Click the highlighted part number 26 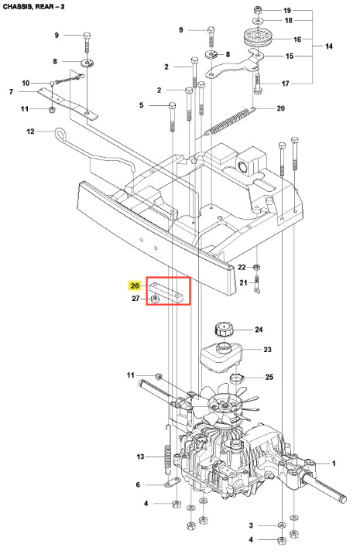click(x=135, y=286)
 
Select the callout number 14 click(x=328, y=46)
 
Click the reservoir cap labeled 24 click(x=225, y=329)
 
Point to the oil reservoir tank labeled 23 click(x=221, y=358)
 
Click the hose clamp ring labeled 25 click(x=236, y=379)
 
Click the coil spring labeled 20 click(x=231, y=121)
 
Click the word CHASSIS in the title click(x=17, y=6)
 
